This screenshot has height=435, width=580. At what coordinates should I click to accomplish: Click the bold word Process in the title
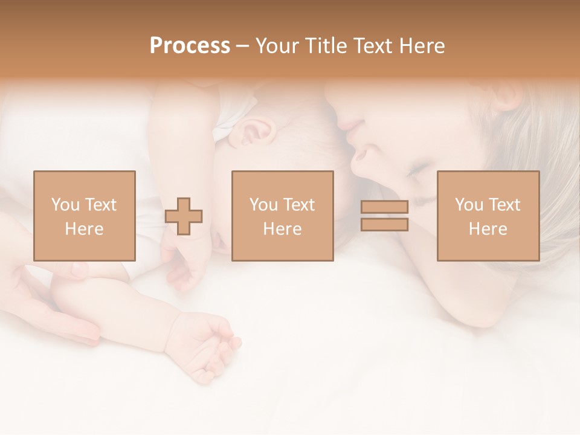click(190, 46)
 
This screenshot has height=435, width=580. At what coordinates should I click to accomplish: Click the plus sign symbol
click(184, 216)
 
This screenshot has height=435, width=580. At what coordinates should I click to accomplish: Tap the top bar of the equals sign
click(384, 207)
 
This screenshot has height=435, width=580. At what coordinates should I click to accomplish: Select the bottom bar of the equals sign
click(384, 225)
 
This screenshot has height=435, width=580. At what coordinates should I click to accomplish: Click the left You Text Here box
click(85, 216)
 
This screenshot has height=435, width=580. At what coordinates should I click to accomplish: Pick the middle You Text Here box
click(283, 216)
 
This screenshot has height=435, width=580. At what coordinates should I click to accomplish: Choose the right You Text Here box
click(488, 216)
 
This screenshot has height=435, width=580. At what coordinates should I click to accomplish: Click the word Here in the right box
click(488, 229)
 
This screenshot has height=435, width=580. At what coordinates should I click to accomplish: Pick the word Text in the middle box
click(299, 205)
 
